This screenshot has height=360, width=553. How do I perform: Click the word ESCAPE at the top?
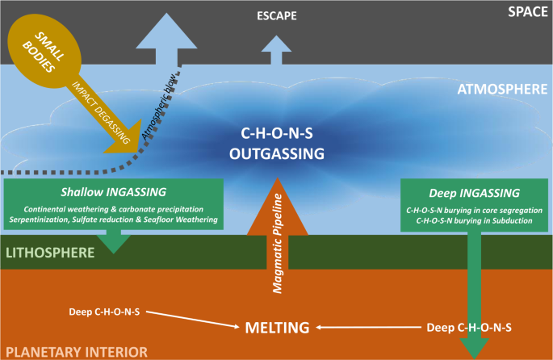pyautogui.click(x=276, y=15)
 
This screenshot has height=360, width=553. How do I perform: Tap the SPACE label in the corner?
pyautogui.click(x=528, y=11)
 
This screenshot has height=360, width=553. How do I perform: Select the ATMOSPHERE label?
pyautogui.click(x=502, y=89)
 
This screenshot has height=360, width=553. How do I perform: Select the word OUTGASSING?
pyautogui.click(x=276, y=153)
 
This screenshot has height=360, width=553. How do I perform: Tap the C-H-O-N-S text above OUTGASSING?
pyautogui.click(x=276, y=133)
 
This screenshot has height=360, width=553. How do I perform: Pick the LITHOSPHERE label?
pyautogui.click(x=50, y=253)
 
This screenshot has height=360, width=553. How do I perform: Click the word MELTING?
pyautogui.click(x=277, y=328)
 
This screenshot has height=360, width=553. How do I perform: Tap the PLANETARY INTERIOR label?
pyautogui.click(x=74, y=352)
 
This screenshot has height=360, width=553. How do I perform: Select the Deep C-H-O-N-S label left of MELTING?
pyautogui.click(x=104, y=311)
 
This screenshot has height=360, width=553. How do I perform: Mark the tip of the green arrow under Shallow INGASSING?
pyautogui.click(x=114, y=249)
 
